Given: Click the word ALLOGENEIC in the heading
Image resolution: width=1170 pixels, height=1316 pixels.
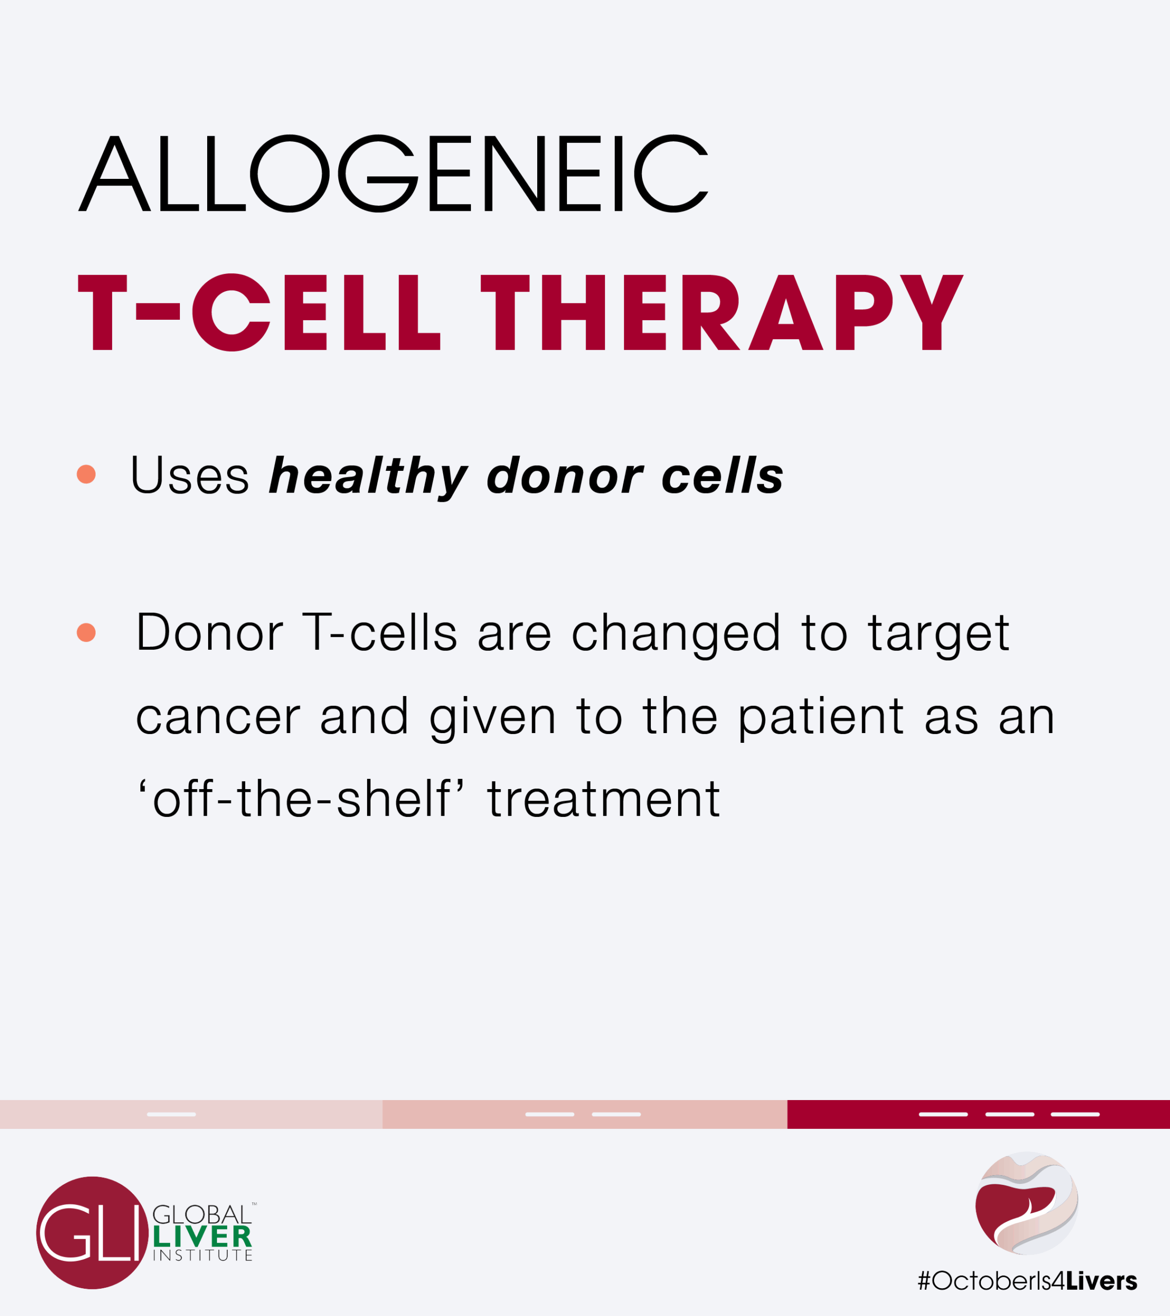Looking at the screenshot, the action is coord(393,173).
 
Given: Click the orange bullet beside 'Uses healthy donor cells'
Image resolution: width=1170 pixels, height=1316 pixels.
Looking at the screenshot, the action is coord(86,474).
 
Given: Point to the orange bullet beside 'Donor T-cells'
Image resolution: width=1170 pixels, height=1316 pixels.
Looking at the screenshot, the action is coord(86,632).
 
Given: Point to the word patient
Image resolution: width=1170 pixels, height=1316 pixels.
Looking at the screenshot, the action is coord(821,717).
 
